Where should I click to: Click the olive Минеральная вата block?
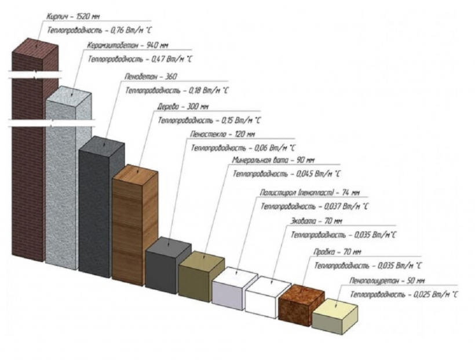200,273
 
